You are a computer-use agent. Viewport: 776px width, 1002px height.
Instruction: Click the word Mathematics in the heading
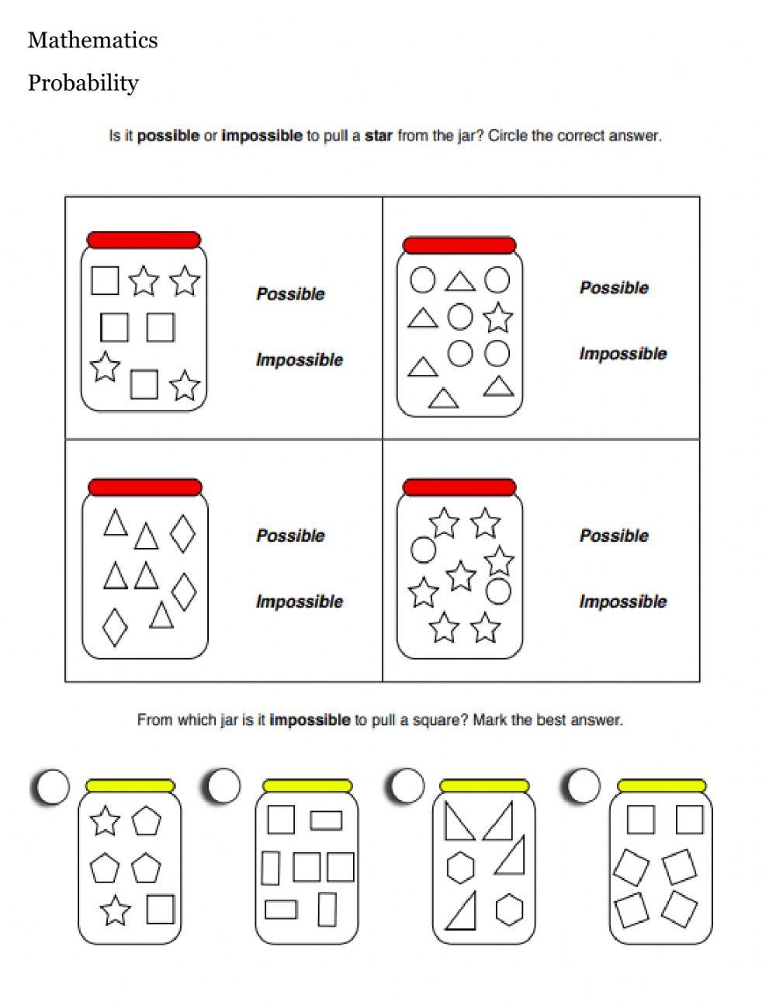click(x=92, y=40)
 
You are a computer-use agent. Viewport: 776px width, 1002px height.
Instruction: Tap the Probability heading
click(x=83, y=83)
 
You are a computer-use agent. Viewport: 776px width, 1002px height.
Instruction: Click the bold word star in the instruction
click(x=378, y=136)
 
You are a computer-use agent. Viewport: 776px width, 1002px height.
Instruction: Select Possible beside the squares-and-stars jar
click(x=290, y=294)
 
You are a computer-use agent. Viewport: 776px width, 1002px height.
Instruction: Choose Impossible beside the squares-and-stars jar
click(x=299, y=360)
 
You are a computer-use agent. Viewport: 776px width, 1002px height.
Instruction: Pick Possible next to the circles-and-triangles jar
click(x=614, y=288)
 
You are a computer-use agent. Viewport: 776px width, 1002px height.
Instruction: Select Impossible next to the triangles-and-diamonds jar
click(x=299, y=602)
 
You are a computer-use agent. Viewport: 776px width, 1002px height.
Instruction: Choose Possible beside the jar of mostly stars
click(x=614, y=536)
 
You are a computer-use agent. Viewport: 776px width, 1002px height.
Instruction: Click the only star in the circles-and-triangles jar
click(x=497, y=318)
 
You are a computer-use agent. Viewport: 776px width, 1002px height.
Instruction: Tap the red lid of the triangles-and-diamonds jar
click(x=145, y=487)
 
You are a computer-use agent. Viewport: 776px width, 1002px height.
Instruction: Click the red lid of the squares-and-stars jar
click(x=144, y=240)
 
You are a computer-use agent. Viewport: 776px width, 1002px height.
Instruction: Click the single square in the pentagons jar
click(x=160, y=910)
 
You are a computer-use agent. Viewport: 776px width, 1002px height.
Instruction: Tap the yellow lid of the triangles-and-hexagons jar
click(x=483, y=786)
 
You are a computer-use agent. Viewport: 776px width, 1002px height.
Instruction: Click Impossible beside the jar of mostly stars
click(x=622, y=602)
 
